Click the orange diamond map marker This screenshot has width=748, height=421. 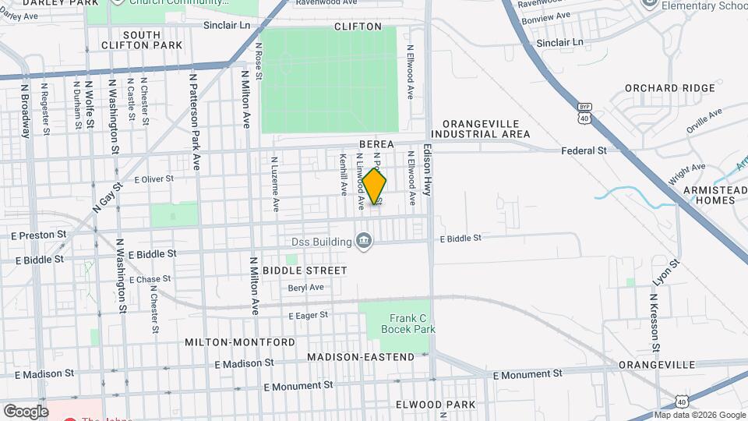point(375,187)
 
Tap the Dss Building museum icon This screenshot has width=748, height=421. point(363,242)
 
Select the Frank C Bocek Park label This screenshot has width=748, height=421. point(408,323)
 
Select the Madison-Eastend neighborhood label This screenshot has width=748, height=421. point(361,357)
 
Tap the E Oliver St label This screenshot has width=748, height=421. point(153,179)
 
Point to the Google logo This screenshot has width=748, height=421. point(26,411)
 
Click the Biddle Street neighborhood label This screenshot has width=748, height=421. point(305,271)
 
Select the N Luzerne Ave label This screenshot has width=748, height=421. point(275,185)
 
